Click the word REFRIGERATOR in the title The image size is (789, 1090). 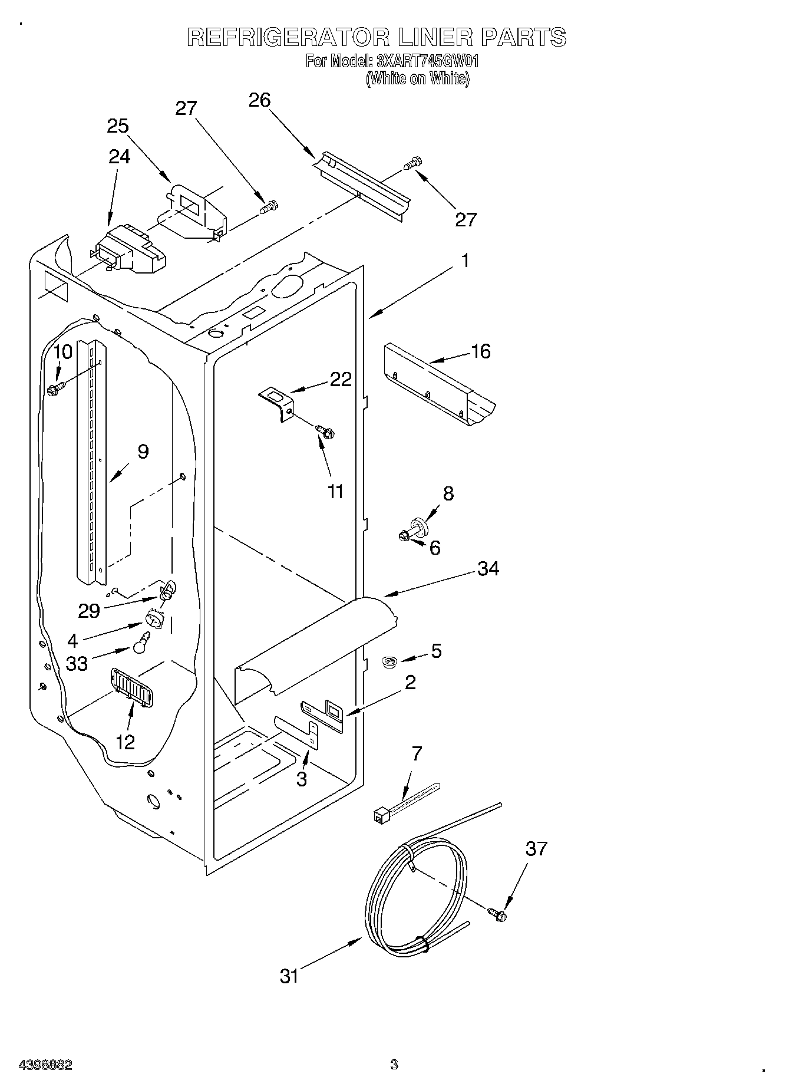coord(288,38)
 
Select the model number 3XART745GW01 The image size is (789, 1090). coord(427,61)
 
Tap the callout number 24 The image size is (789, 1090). coord(120,156)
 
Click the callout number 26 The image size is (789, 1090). coord(259,100)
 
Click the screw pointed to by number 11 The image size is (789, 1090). coord(324,432)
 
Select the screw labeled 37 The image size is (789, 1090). coord(498,914)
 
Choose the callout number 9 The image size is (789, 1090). coord(143,452)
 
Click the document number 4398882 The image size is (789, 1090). coord(45,1065)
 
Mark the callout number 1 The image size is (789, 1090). coord(465,260)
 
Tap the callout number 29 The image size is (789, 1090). coord(89,611)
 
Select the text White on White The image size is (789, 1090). coord(417,78)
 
